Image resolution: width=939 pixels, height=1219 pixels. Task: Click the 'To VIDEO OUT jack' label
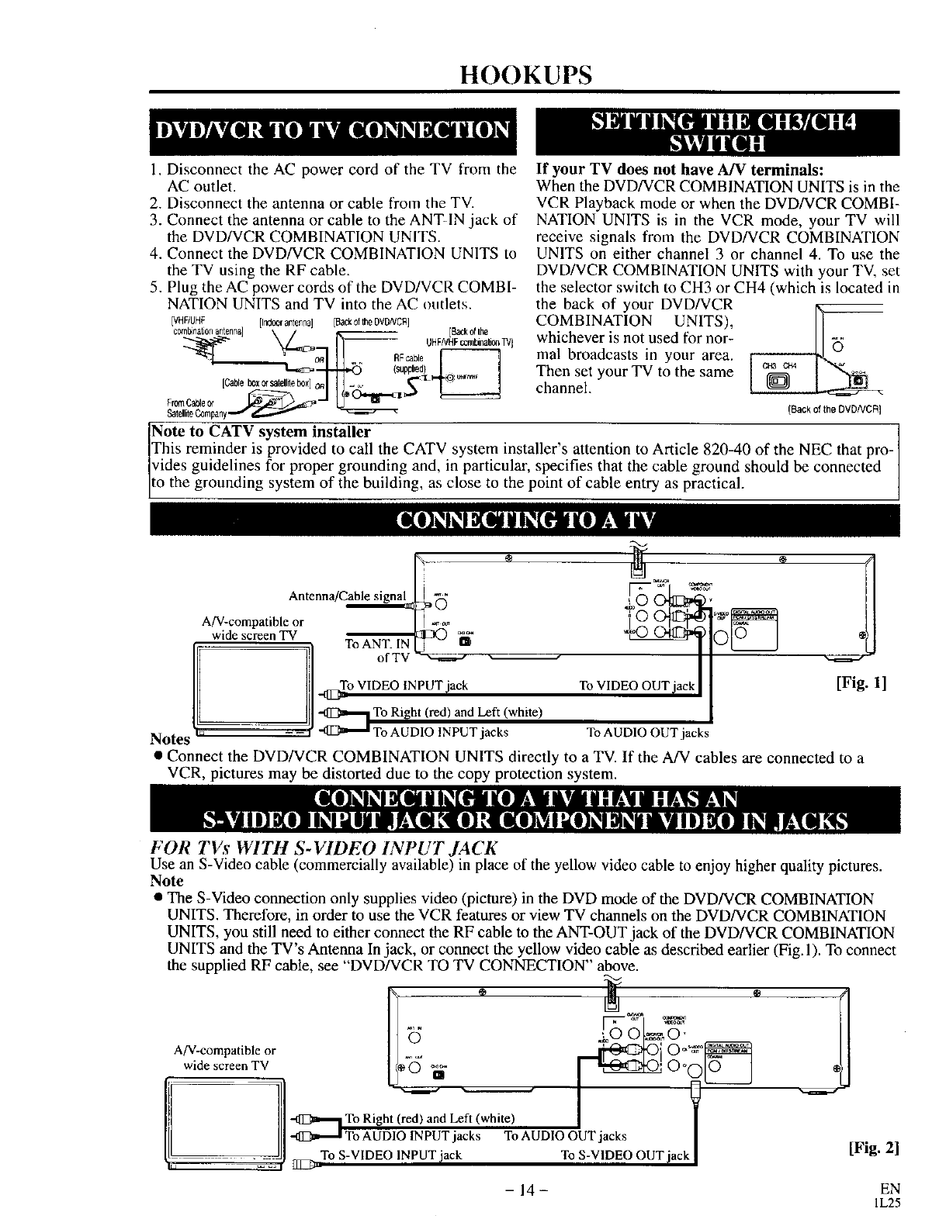pyautogui.click(x=637, y=685)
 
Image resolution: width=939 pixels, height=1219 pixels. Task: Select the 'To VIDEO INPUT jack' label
pyautogui.click(x=404, y=685)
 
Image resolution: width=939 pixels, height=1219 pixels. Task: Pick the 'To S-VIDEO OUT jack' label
pyautogui.click(x=625, y=1155)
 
